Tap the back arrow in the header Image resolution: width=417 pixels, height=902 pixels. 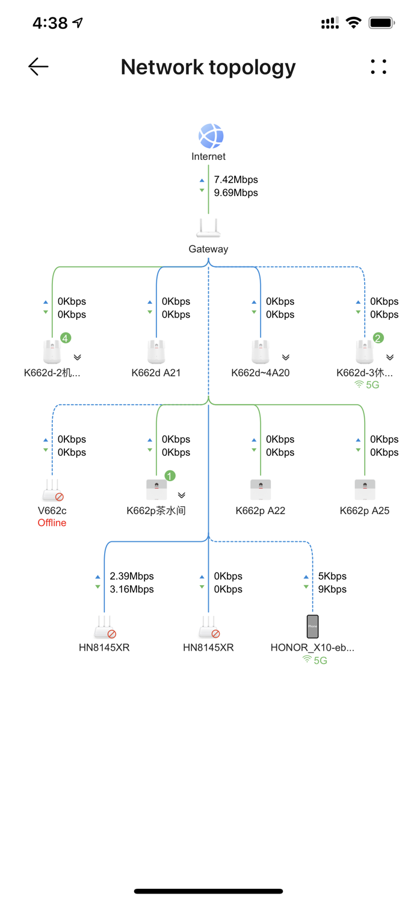(x=39, y=67)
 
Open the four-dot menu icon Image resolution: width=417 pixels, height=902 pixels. (x=378, y=67)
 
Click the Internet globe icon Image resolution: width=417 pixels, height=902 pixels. (x=211, y=137)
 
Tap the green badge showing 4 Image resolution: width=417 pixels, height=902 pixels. (x=65, y=339)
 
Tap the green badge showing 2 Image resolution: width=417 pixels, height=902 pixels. (x=378, y=339)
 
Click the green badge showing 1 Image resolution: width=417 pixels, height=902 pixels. (x=170, y=476)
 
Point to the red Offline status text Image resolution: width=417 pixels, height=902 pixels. (x=52, y=523)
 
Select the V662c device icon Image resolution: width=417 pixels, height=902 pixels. (x=52, y=490)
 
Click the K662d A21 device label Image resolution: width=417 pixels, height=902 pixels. (x=156, y=373)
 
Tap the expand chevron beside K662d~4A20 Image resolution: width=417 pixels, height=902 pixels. (x=286, y=357)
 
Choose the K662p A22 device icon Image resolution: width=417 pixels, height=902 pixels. (x=261, y=489)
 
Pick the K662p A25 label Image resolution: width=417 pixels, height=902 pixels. (x=365, y=511)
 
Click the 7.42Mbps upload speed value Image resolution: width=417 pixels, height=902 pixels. (x=236, y=179)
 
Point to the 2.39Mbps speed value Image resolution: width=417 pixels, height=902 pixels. (x=132, y=576)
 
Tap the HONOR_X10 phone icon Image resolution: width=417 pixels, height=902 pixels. (x=312, y=627)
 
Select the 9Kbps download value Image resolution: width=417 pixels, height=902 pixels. (x=332, y=589)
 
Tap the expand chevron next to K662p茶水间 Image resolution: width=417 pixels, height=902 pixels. (x=182, y=495)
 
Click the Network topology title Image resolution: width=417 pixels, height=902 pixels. (x=208, y=67)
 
